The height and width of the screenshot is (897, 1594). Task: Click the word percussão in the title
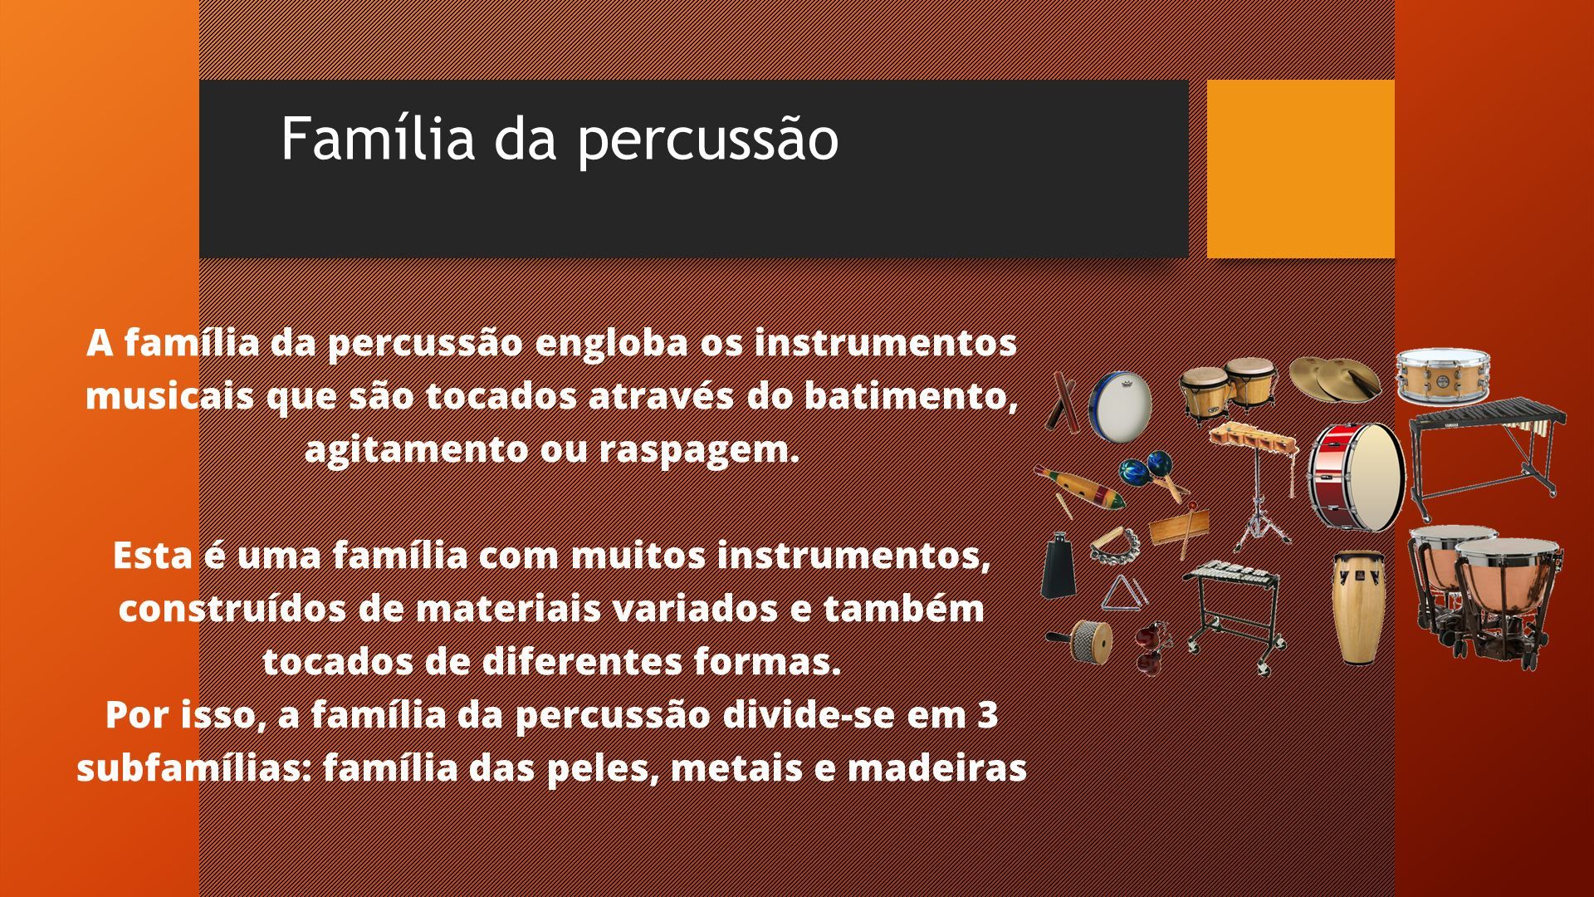tap(707, 140)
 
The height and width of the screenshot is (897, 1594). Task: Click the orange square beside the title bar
tap(1300, 169)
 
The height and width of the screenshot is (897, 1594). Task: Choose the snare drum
tap(1442, 377)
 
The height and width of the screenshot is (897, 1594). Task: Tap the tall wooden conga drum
tap(1358, 607)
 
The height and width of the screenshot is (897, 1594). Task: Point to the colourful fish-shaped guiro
tap(1079, 489)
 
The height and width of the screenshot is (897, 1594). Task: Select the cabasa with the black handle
tap(1081, 640)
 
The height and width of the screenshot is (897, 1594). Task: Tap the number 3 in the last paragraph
tap(987, 714)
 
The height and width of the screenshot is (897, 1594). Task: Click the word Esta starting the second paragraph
tap(153, 556)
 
